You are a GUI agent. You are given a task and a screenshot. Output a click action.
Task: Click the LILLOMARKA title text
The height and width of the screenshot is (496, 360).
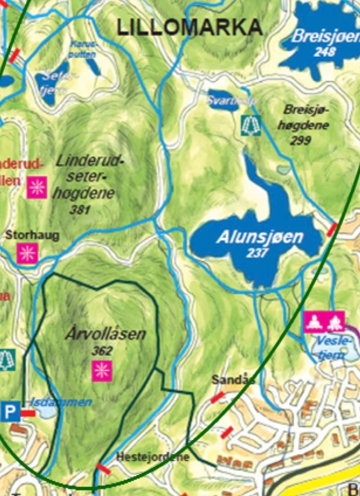click(190, 27)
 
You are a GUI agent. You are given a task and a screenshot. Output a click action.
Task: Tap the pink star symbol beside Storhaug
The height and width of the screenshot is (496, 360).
click(28, 253)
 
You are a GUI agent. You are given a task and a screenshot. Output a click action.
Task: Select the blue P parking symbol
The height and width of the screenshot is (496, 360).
click(10, 412)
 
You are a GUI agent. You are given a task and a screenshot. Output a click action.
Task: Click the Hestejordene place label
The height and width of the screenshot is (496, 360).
click(153, 457)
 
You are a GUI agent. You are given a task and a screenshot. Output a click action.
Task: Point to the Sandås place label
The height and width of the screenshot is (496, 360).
click(233, 380)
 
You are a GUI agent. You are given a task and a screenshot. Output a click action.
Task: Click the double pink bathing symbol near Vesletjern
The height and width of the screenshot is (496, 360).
click(324, 322)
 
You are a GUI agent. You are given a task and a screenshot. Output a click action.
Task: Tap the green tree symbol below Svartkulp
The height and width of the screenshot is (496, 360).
click(251, 125)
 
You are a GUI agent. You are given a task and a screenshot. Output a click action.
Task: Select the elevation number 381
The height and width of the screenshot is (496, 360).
click(80, 210)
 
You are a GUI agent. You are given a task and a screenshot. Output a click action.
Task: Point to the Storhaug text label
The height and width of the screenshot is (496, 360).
click(32, 236)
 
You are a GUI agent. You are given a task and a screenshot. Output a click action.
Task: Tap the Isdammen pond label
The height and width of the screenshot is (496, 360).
click(61, 402)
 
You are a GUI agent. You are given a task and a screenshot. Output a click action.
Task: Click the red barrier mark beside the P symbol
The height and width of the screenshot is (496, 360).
click(28, 413)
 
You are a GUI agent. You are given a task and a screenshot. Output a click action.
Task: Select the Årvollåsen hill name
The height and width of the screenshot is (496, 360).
click(106, 335)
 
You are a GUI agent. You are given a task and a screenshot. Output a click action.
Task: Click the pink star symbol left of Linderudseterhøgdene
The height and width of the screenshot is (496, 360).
click(37, 187)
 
